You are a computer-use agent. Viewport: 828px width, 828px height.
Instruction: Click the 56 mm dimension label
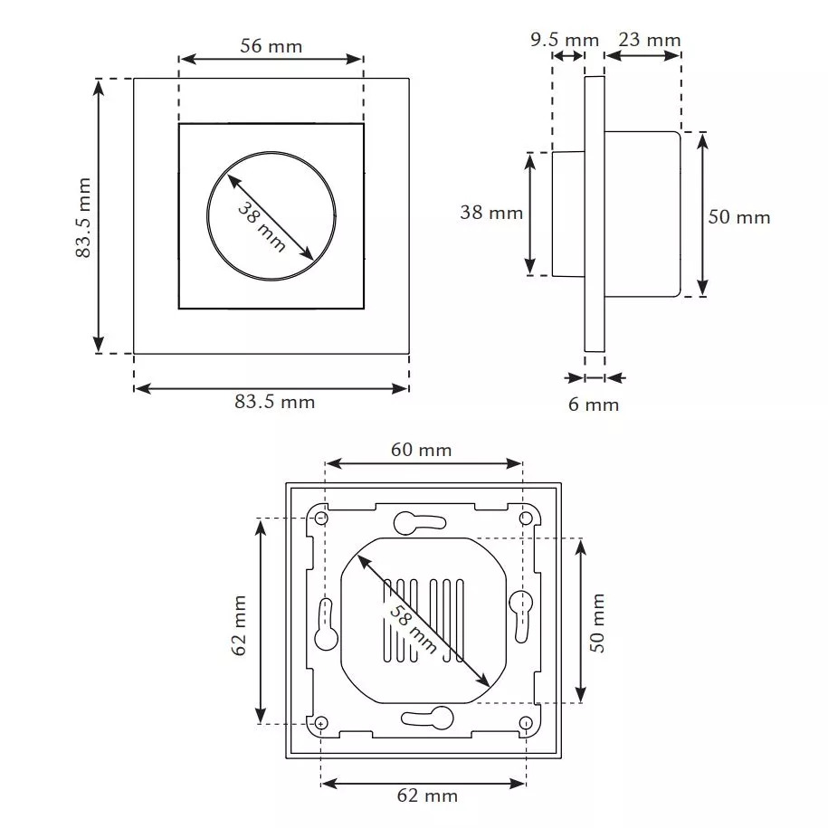coord(271,45)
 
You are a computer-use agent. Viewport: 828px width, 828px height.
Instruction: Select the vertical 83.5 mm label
coord(84,217)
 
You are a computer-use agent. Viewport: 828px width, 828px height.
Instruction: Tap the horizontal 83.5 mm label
coord(275,402)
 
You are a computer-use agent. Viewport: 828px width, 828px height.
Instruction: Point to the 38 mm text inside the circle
coord(262,227)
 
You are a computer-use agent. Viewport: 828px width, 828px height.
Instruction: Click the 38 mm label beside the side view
coord(491,213)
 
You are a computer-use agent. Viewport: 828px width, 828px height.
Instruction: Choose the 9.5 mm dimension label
coord(565,40)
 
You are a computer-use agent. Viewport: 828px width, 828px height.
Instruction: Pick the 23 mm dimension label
coord(649,40)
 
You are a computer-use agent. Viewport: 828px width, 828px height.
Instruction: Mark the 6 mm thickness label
coord(594,404)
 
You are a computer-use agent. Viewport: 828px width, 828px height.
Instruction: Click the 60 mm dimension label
coord(421,450)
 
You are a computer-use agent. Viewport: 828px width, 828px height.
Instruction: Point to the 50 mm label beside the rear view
coord(598,623)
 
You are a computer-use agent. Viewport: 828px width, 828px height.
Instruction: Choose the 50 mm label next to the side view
coord(739,217)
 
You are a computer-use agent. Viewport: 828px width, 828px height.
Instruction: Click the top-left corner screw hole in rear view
coord(321,518)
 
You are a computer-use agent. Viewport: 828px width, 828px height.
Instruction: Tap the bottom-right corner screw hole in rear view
coord(527,723)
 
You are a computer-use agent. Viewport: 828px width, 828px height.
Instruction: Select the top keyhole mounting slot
coord(418,522)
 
